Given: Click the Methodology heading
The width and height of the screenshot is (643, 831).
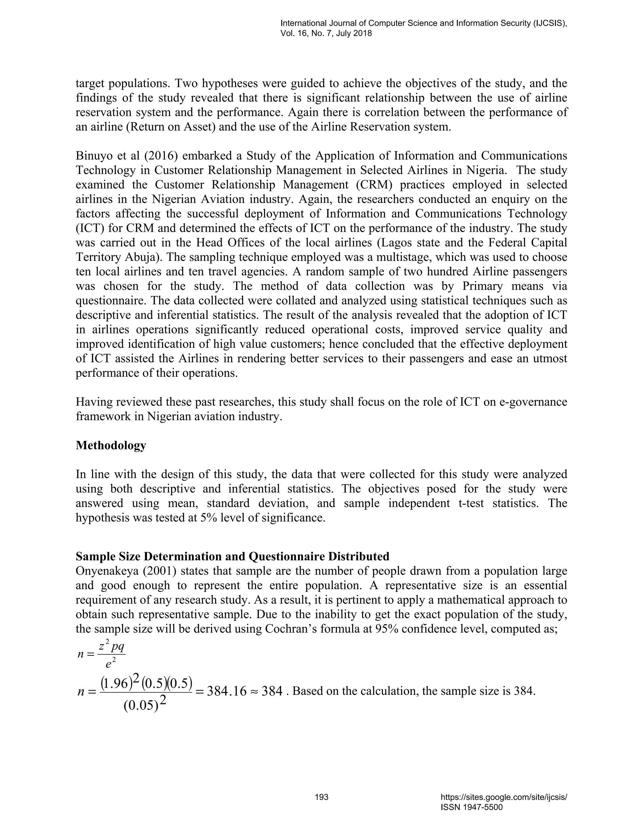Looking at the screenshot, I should pos(111,445).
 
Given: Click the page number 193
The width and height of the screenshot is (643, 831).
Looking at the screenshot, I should pos(321,797).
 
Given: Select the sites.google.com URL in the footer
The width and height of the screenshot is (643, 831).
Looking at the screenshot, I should pos(504,797).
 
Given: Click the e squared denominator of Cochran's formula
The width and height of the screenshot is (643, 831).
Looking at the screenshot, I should pos(111,664).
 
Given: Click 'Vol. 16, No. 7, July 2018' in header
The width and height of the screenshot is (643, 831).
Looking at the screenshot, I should pos(326,34).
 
